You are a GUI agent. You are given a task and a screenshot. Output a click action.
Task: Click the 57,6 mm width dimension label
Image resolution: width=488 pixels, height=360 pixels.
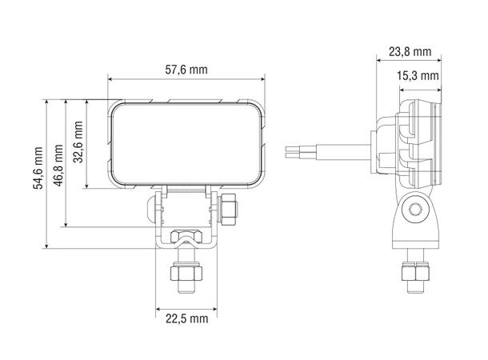[186, 70]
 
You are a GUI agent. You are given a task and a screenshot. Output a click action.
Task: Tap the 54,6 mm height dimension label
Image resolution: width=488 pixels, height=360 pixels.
[38, 168]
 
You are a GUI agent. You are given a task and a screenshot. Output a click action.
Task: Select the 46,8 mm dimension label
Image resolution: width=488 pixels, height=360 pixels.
[58, 166]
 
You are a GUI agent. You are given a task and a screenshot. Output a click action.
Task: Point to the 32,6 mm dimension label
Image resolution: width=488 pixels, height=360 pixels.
[78, 142]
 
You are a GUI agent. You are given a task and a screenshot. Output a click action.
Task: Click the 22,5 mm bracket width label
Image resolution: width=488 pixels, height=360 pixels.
[186, 318]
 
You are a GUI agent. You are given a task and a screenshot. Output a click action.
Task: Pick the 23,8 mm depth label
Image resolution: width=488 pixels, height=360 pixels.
[410, 52]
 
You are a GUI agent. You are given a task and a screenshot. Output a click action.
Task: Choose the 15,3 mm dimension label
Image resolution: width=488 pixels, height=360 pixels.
[418, 75]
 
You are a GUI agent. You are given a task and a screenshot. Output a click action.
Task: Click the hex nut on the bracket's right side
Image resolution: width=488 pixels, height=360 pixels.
[228, 209]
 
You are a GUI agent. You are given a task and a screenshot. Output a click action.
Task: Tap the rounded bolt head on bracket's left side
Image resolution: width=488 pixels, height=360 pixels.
[151, 207]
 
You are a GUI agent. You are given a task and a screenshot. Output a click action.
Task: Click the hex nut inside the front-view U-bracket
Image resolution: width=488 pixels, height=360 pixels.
[186, 237]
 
